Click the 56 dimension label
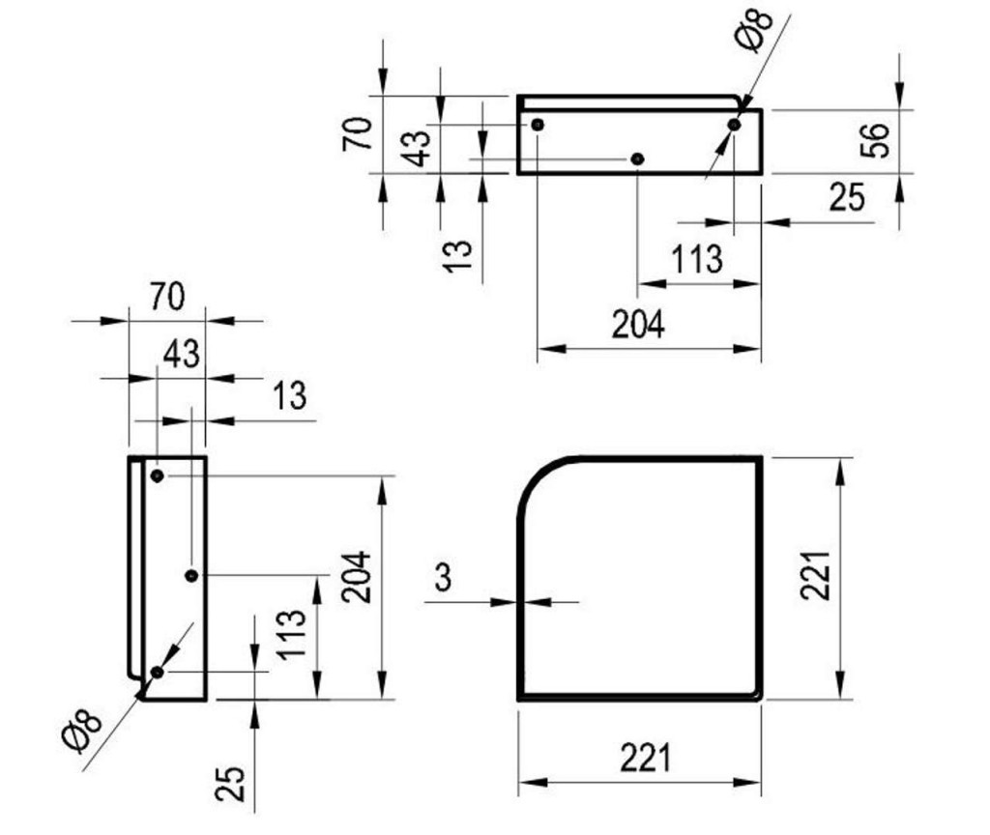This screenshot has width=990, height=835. click(875, 140)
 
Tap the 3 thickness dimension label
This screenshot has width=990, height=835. click(443, 577)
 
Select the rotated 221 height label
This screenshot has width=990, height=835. click(815, 575)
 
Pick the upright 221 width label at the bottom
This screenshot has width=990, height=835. click(645, 758)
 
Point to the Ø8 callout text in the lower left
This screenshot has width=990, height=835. click(83, 732)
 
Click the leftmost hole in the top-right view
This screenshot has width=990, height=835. click(538, 125)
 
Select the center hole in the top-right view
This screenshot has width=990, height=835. click(638, 159)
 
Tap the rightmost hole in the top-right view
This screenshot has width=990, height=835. click(734, 125)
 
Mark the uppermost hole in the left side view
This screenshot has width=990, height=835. click(158, 475)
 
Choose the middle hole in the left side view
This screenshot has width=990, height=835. click(192, 576)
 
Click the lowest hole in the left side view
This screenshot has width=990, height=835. click(158, 673)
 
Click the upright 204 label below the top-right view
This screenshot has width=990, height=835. click(638, 325)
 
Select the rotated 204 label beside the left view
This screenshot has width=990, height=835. click(356, 577)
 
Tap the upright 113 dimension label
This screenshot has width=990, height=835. click(696, 259)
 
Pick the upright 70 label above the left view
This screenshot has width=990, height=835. click(167, 296)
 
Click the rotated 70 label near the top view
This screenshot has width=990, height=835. click(358, 133)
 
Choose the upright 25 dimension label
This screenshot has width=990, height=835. click(847, 197)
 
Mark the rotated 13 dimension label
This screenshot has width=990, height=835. click(457, 256)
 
